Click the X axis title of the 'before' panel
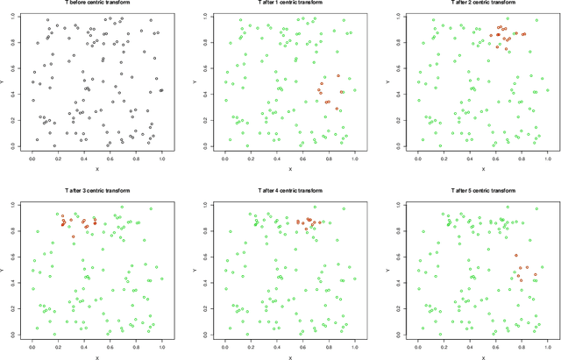pos(96,168)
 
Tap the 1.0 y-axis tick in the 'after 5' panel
pos(404,205)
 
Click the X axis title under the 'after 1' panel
pos(289,168)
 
